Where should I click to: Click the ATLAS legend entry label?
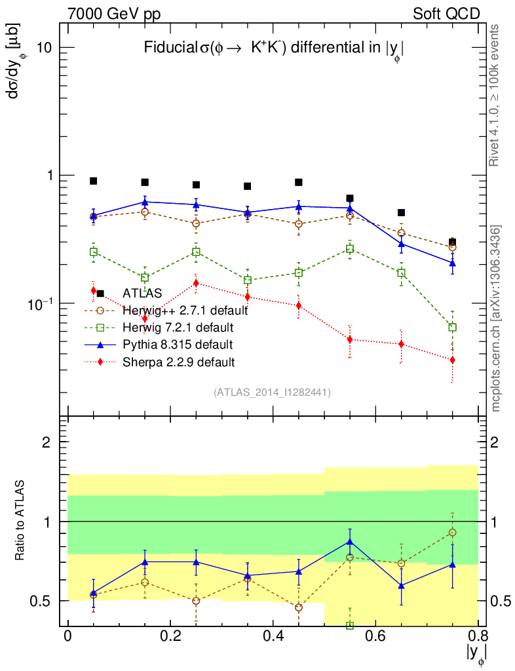tap(142, 293)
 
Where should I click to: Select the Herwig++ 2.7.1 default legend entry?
tap(185, 310)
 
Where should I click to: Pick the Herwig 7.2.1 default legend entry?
tap(178, 327)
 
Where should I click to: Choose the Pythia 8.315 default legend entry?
tap(177, 344)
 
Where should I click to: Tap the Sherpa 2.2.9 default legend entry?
tap(178, 361)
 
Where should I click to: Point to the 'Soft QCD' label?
tap(446, 13)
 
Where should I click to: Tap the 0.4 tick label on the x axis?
tap(273, 637)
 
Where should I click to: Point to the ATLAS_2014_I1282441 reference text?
tap(272, 393)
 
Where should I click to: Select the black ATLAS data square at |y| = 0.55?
tap(350, 198)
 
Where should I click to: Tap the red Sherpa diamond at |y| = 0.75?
tap(452, 360)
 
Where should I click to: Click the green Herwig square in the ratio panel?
tap(350, 625)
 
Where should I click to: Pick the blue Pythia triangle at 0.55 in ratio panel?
tap(350, 542)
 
